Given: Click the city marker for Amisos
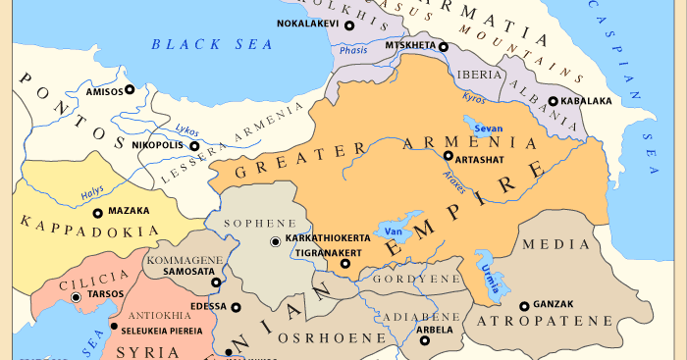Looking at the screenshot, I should [x=130, y=89].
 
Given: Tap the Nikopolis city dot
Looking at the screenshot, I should [x=194, y=146].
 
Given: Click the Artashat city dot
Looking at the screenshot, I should [x=448, y=156].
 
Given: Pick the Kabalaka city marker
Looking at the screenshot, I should [x=553, y=100].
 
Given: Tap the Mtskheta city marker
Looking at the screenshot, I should [x=444, y=46].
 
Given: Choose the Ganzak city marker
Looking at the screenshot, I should [x=524, y=306].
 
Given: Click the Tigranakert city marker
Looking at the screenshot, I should [x=344, y=263].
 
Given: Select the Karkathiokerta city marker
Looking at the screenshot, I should [x=275, y=240].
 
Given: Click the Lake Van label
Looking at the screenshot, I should [x=394, y=231].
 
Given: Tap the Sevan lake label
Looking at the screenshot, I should [x=488, y=129].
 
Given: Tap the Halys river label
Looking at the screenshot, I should [x=92, y=191].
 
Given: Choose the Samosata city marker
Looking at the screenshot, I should [x=216, y=283].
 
